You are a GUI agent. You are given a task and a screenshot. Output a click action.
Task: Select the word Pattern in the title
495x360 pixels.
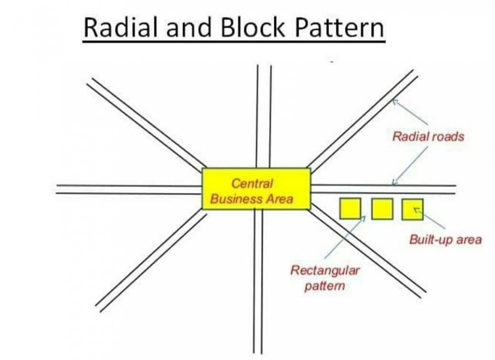click(340, 28)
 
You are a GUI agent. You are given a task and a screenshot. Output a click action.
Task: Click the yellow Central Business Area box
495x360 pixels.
click(256, 188)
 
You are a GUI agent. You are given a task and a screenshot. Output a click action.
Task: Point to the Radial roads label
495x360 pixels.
click(428, 136)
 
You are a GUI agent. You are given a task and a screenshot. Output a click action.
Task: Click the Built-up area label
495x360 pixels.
click(445, 239)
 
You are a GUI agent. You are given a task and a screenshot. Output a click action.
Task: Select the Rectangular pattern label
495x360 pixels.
click(325, 278)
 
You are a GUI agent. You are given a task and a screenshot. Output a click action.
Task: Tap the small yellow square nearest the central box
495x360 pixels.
click(350, 208)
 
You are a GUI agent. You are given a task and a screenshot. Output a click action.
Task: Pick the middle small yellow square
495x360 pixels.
click(382, 209)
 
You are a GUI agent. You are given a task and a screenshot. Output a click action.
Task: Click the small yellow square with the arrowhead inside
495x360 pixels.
click(413, 209)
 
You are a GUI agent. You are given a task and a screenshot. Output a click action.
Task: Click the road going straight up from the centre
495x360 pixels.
click(264, 116)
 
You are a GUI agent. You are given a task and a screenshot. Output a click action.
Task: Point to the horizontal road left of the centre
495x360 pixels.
click(129, 189)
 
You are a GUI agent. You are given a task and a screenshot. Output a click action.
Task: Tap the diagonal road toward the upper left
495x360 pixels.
click(146, 123)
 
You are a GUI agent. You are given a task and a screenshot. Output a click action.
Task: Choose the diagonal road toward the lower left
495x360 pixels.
click(151, 261)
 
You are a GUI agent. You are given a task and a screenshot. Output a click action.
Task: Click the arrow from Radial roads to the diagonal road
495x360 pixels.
click(410, 112)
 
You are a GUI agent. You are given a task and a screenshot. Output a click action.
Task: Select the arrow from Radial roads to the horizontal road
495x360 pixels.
click(409, 166)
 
